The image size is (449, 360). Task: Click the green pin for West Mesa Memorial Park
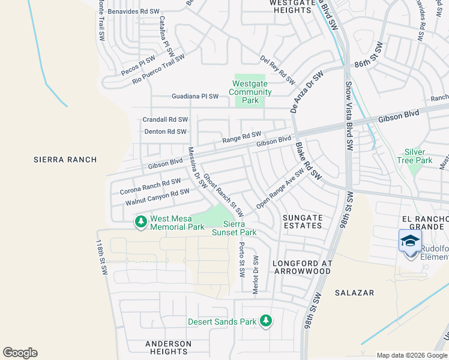141,222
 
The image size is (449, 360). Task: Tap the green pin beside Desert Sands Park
265,322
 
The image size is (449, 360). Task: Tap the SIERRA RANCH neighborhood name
64,160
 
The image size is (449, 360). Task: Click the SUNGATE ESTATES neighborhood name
298,222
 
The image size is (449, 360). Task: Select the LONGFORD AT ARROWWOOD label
301,267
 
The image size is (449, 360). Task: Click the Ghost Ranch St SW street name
223,195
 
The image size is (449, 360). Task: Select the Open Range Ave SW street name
280,188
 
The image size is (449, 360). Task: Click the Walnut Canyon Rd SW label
157,197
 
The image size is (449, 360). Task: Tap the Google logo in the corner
20,353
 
